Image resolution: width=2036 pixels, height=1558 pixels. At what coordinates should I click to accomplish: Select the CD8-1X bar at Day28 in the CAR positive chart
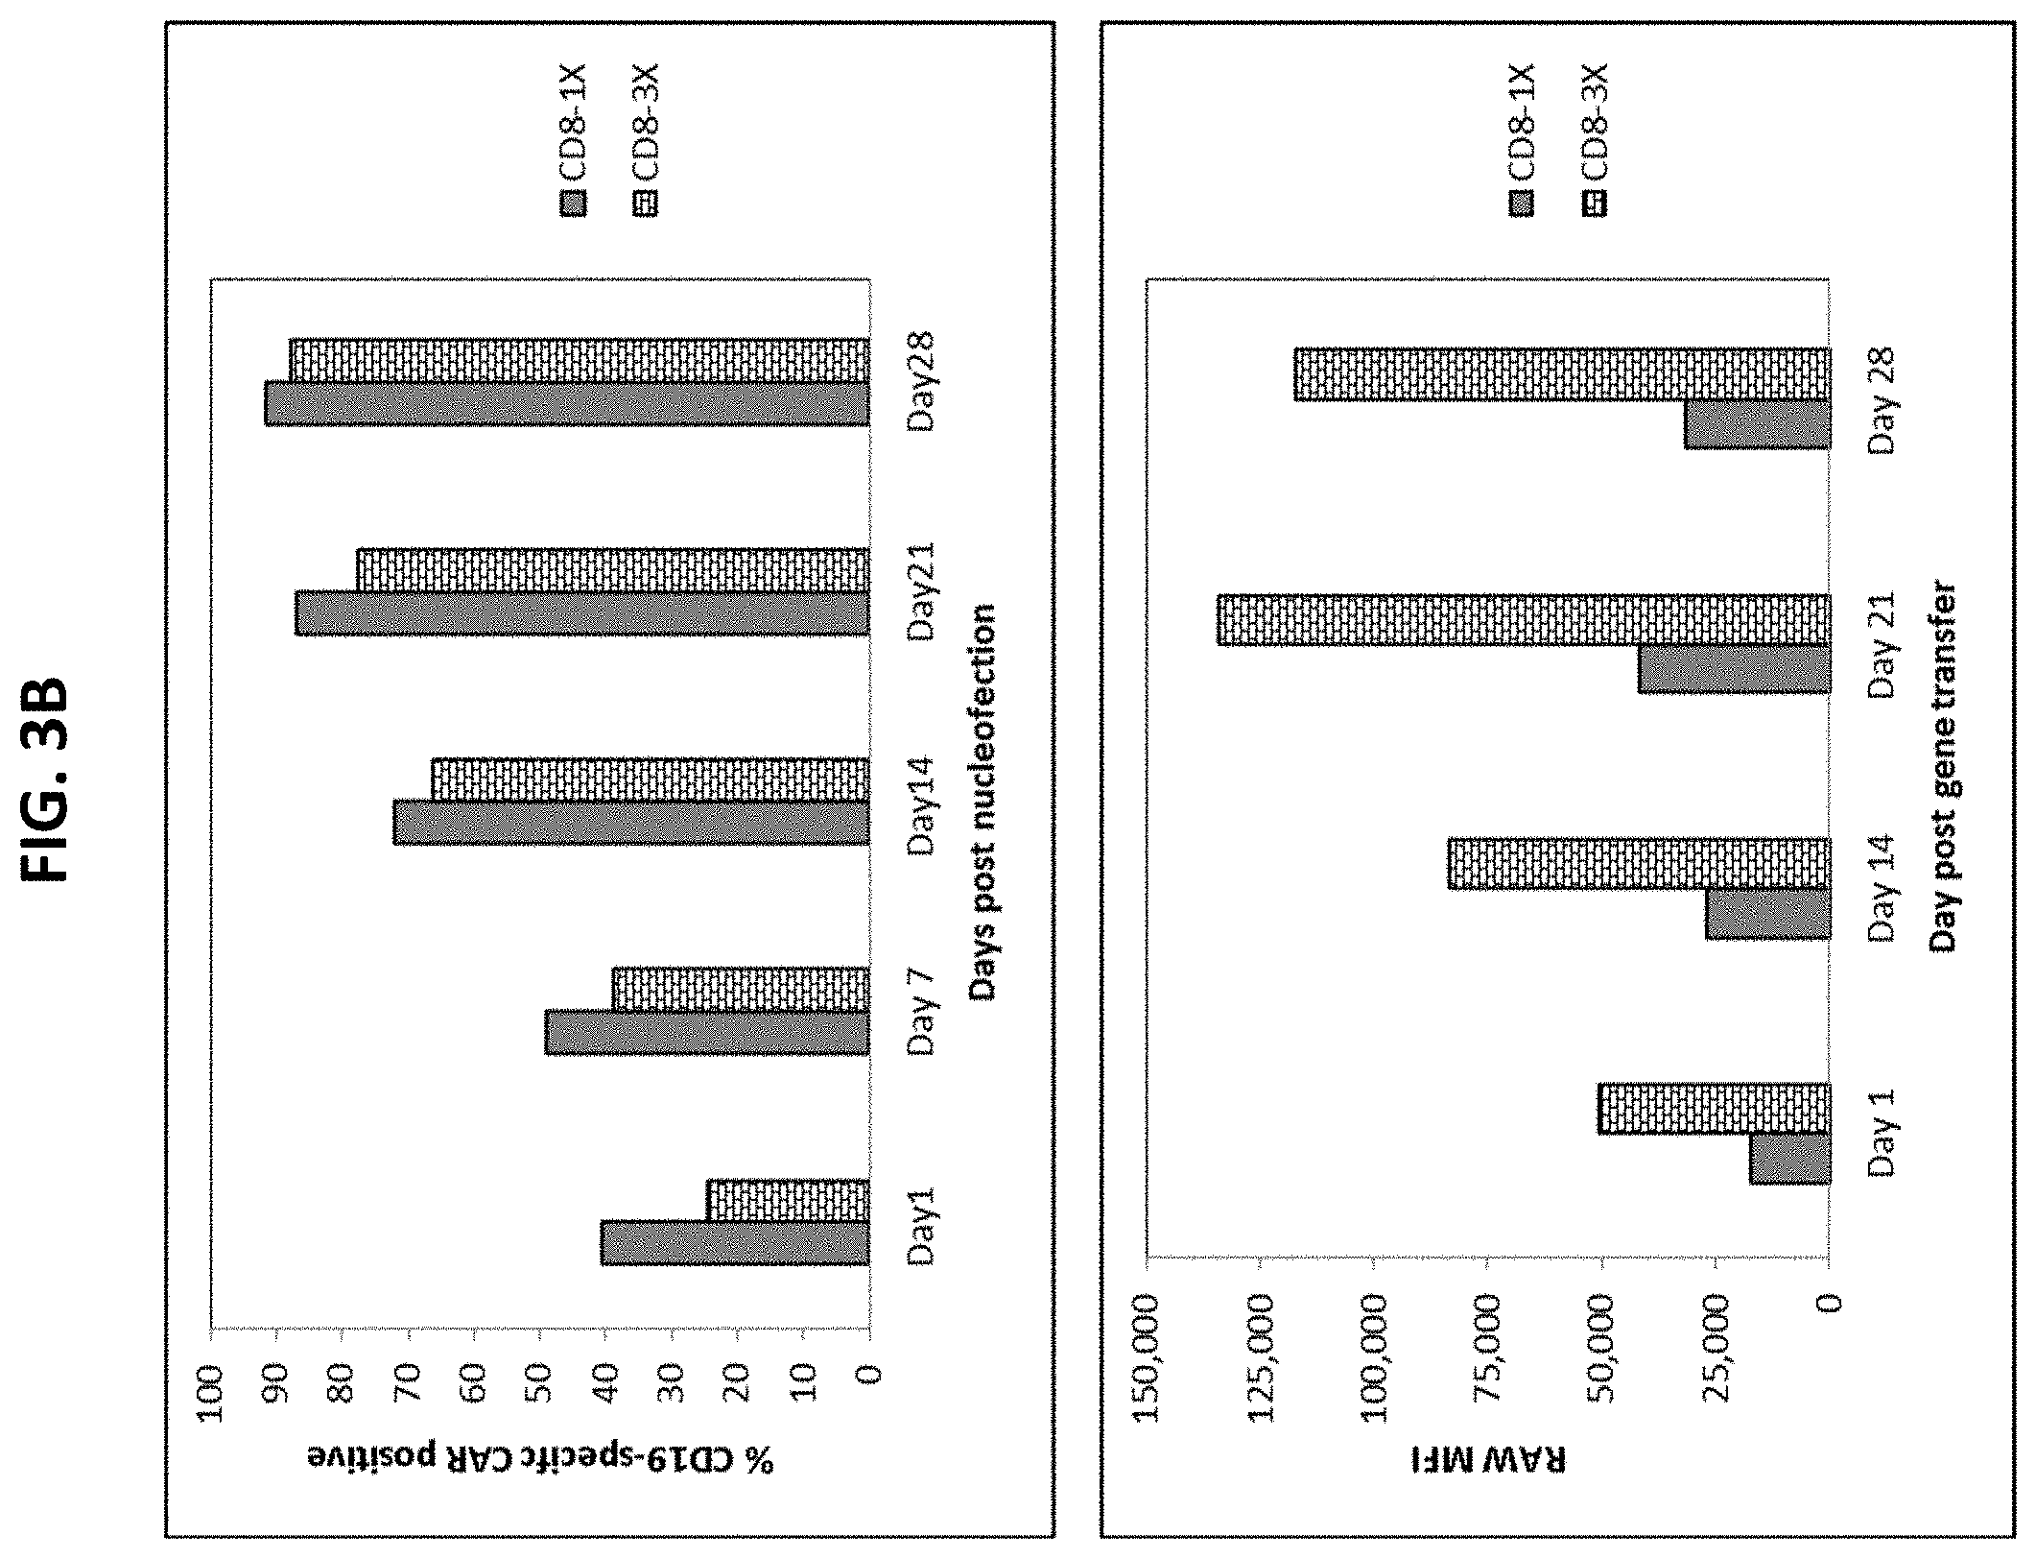tap(567, 404)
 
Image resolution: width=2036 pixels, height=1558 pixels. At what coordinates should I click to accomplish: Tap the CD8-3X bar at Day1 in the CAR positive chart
tap(788, 1201)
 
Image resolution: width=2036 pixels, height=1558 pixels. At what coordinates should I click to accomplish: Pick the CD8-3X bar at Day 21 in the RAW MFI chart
tap(1524, 621)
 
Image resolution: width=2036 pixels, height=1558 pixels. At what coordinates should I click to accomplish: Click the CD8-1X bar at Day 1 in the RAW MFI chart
tap(1789, 1160)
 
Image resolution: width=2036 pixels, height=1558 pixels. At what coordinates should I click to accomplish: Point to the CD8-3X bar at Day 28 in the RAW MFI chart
tap(1562, 373)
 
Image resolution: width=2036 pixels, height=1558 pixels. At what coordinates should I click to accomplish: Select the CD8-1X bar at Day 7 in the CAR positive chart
tap(707, 1033)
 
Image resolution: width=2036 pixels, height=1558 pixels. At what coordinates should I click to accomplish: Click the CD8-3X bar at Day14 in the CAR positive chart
tap(651, 780)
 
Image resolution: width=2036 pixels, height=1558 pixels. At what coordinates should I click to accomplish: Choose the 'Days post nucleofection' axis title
tap(982, 803)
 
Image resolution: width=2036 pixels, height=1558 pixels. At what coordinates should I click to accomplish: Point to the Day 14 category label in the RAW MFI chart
tap(1882, 889)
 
